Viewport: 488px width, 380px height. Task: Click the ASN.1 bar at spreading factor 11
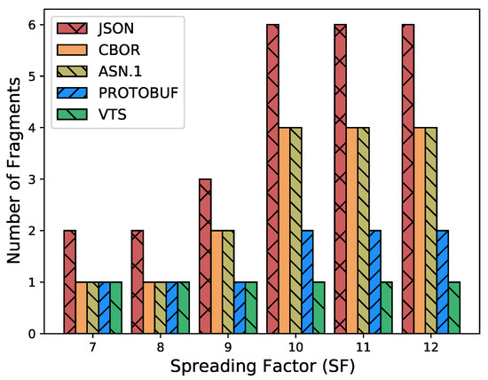(362, 231)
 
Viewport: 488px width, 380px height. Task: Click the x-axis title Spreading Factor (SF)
(261, 365)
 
